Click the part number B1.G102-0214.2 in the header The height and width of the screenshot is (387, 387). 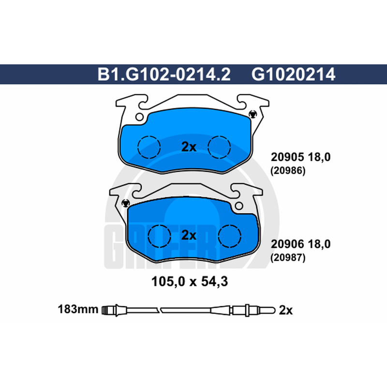[x=164, y=74]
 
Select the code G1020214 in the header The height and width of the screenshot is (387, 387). [x=293, y=74]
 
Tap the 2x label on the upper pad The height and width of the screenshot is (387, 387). [x=189, y=147]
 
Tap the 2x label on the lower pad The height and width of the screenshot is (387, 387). [x=189, y=235]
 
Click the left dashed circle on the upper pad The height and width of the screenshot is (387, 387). [x=149, y=147]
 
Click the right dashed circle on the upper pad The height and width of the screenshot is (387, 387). [x=219, y=147]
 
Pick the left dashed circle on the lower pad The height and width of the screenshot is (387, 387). [x=160, y=236]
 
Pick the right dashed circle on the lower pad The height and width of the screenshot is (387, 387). [x=229, y=236]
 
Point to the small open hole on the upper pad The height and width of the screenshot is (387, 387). [x=139, y=117]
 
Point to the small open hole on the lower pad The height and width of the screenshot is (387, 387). [x=239, y=206]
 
